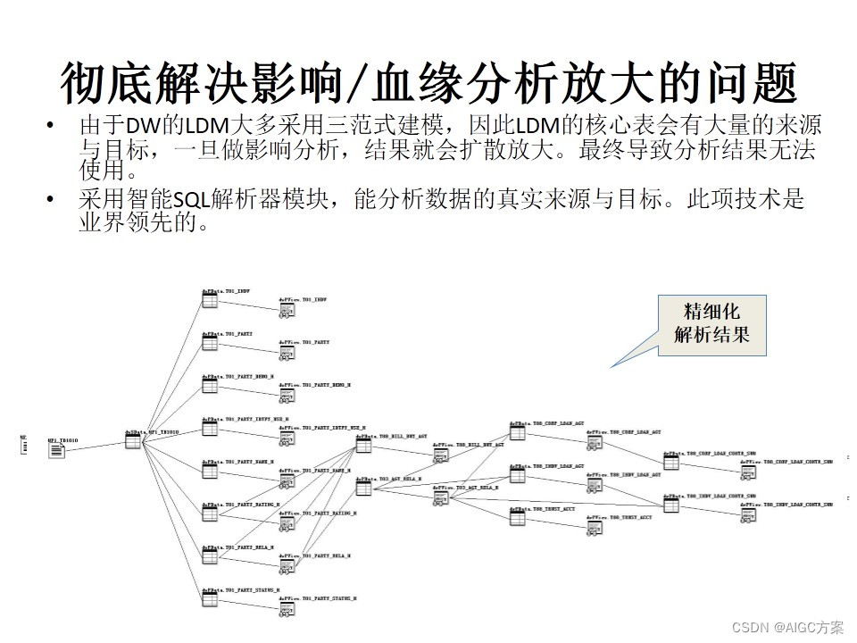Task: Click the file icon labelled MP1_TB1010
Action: click(56, 450)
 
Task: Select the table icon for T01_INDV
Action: click(210, 301)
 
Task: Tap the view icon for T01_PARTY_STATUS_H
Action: click(287, 610)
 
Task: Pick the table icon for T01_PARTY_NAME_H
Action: click(210, 471)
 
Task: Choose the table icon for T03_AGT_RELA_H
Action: click(363, 488)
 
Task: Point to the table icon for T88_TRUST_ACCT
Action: click(517, 518)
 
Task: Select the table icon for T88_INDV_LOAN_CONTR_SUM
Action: click(670, 505)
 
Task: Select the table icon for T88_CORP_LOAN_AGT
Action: click(517, 432)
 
